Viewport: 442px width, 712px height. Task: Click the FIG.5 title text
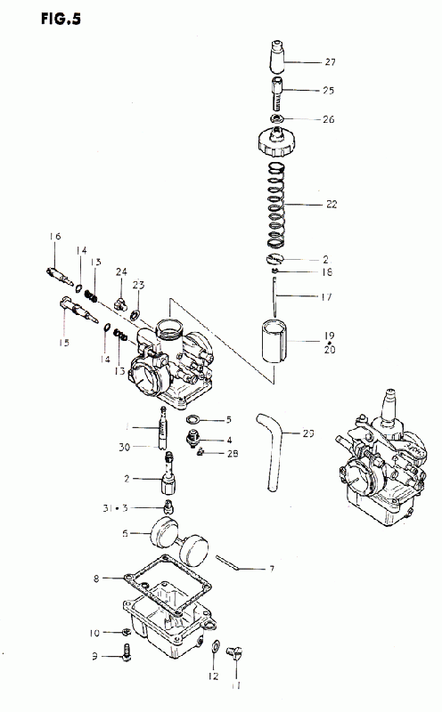tap(61, 19)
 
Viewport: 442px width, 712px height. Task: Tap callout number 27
tap(330, 61)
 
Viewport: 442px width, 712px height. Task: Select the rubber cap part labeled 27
tap(277, 56)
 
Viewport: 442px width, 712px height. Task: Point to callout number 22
tap(331, 205)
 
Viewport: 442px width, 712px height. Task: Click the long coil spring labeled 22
tap(277, 205)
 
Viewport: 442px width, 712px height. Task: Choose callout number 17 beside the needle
tap(326, 297)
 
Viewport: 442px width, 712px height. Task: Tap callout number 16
tap(55, 236)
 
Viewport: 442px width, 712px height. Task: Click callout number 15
tap(64, 343)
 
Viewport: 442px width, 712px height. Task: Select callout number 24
tap(121, 271)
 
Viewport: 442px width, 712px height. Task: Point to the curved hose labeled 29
tap(273, 452)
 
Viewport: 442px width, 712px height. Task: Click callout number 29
tap(307, 433)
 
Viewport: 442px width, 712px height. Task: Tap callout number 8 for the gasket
tap(96, 579)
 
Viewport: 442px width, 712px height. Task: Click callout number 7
tap(272, 569)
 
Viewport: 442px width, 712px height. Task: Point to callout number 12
tap(213, 676)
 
